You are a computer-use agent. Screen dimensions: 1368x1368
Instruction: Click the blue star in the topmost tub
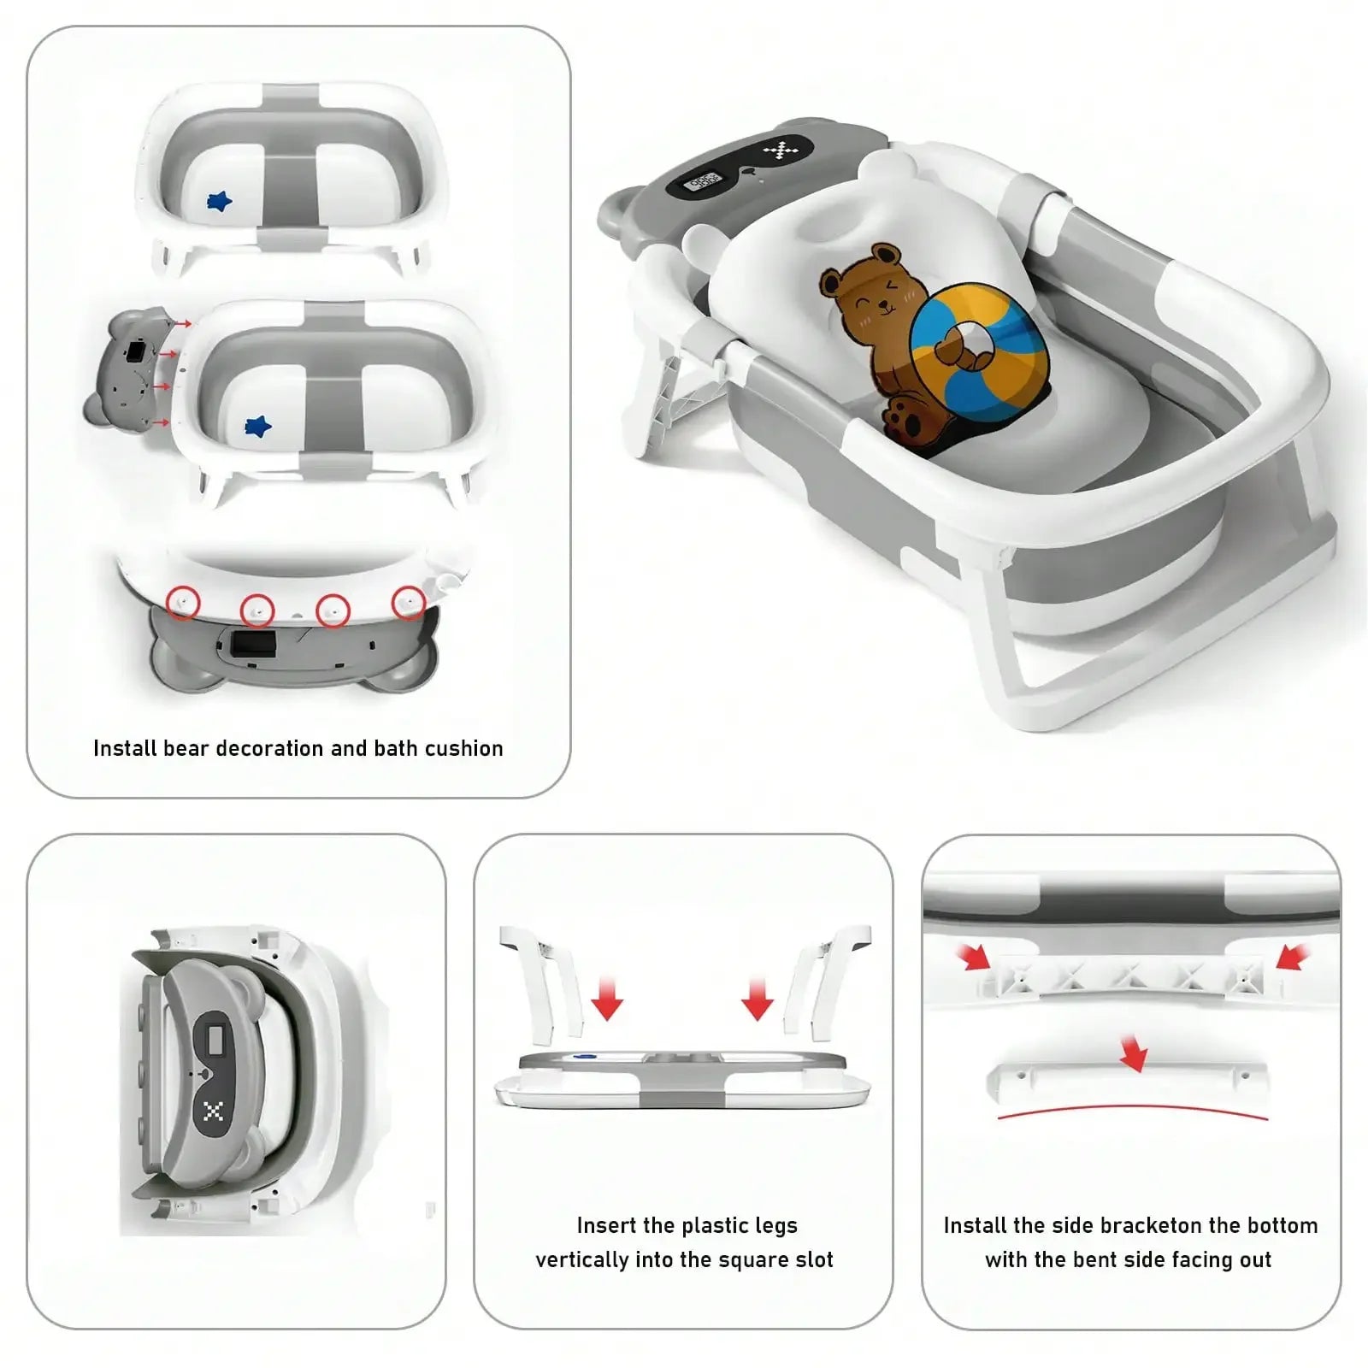click(220, 202)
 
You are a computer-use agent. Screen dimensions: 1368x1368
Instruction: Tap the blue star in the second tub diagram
click(257, 426)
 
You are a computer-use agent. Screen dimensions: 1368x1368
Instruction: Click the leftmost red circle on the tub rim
click(183, 603)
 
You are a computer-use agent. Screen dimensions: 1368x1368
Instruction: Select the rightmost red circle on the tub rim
click(409, 603)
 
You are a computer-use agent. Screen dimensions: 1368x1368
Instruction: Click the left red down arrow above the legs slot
click(606, 999)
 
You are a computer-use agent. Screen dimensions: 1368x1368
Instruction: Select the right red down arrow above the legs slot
click(757, 999)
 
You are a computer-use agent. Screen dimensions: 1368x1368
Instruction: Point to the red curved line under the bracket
click(1133, 1108)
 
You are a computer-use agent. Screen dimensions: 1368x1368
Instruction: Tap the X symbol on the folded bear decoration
click(214, 1111)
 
